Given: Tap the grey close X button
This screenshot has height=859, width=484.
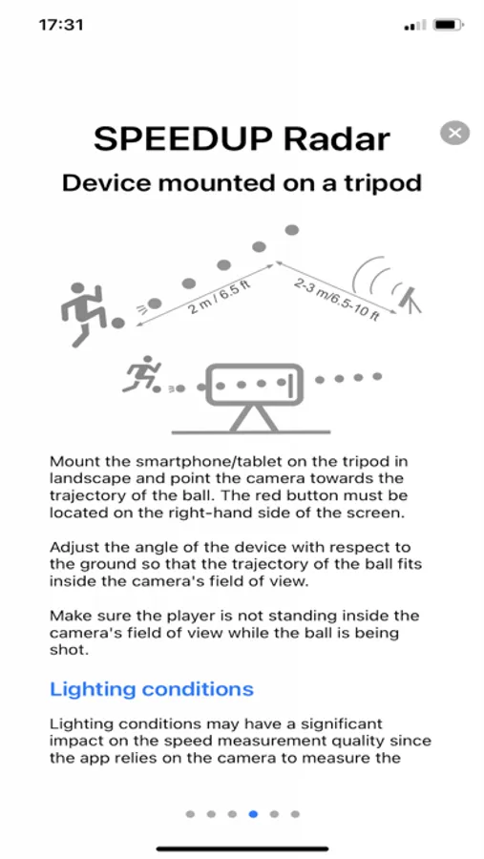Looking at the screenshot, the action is click(x=454, y=133).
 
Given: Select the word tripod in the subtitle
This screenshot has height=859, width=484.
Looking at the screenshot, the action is click(x=385, y=183).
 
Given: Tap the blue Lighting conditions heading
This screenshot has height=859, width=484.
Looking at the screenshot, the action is click(x=151, y=688).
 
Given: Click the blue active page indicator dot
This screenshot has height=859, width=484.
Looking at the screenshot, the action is click(x=253, y=814).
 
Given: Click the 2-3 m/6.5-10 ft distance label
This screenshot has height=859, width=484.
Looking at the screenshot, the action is click(x=336, y=299).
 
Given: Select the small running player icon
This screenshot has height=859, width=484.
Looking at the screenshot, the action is click(x=141, y=374).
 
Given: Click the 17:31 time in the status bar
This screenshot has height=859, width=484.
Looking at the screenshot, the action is click(x=61, y=25).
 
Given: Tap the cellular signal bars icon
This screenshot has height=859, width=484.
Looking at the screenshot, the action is click(x=415, y=25).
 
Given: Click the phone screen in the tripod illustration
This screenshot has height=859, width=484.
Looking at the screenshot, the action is click(x=254, y=384).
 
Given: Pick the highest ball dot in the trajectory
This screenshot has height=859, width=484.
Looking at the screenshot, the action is click(x=292, y=229).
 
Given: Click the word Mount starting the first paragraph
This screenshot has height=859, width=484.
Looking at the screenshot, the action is click(x=70, y=461).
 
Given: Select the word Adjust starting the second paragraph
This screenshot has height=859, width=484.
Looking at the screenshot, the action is click(x=69, y=547).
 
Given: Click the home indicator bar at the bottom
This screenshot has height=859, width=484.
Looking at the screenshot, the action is click(x=242, y=849).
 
